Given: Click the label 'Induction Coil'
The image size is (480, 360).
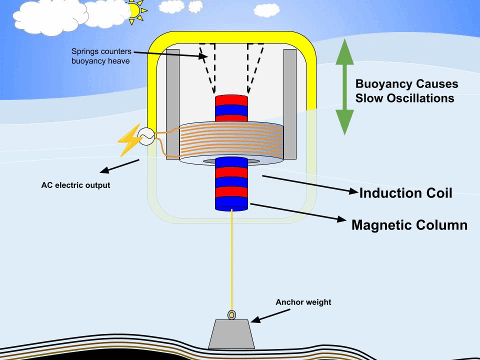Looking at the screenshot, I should [405, 193].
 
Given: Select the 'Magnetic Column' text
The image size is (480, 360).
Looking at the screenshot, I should [409, 225].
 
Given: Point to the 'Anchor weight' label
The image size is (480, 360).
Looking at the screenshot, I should [303, 302].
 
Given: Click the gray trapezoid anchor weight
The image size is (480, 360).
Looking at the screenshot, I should [231, 334].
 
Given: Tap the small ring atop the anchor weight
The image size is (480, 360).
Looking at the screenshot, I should [231, 314].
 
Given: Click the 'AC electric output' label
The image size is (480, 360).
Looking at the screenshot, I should [75, 185].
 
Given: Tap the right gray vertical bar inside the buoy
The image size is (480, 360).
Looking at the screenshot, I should [290, 102].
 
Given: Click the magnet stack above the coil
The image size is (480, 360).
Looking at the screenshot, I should [231, 108].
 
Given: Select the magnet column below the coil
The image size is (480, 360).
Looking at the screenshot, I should [231, 183].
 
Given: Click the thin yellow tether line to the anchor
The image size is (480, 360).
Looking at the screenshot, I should [232, 260].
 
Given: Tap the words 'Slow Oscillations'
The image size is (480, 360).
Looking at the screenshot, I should [404, 98].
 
